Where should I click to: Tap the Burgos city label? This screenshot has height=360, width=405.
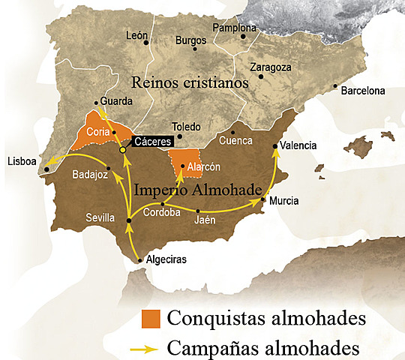(x=191, y=40)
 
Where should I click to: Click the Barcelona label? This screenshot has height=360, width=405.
(x=363, y=91)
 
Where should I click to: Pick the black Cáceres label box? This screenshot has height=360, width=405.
(x=152, y=140)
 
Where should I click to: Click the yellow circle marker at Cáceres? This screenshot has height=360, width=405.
(x=123, y=149)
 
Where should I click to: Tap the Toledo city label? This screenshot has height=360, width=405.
(x=187, y=127)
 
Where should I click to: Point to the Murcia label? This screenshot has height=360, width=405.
(x=284, y=200)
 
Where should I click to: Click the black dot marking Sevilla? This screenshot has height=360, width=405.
(x=129, y=220)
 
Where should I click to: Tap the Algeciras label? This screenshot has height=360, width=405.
(x=166, y=259)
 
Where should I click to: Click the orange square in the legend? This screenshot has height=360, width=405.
(x=152, y=319)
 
